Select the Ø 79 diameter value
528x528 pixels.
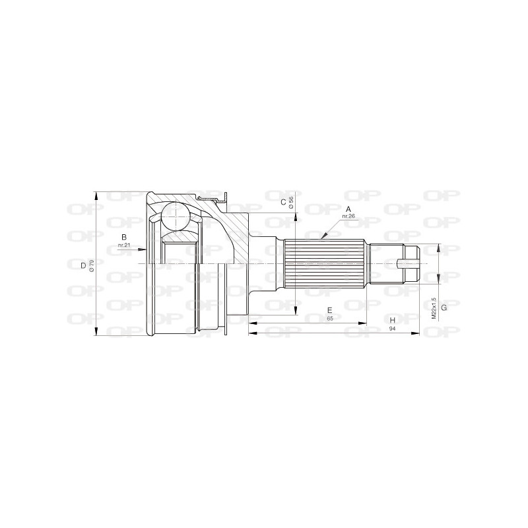(x=92, y=265)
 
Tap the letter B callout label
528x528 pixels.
(x=123, y=237)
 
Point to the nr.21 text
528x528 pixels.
(x=123, y=246)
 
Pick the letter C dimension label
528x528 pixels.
(x=282, y=202)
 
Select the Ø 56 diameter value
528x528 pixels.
(x=291, y=202)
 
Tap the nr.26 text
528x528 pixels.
(x=348, y=215)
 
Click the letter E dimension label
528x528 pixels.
(x=329, y=310)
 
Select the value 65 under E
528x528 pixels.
(x=329, y=318)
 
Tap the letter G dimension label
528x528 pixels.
(x=444, y=308)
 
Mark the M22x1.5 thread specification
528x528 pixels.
(x=434, y=308)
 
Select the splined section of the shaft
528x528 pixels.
(x=323, y=265)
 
